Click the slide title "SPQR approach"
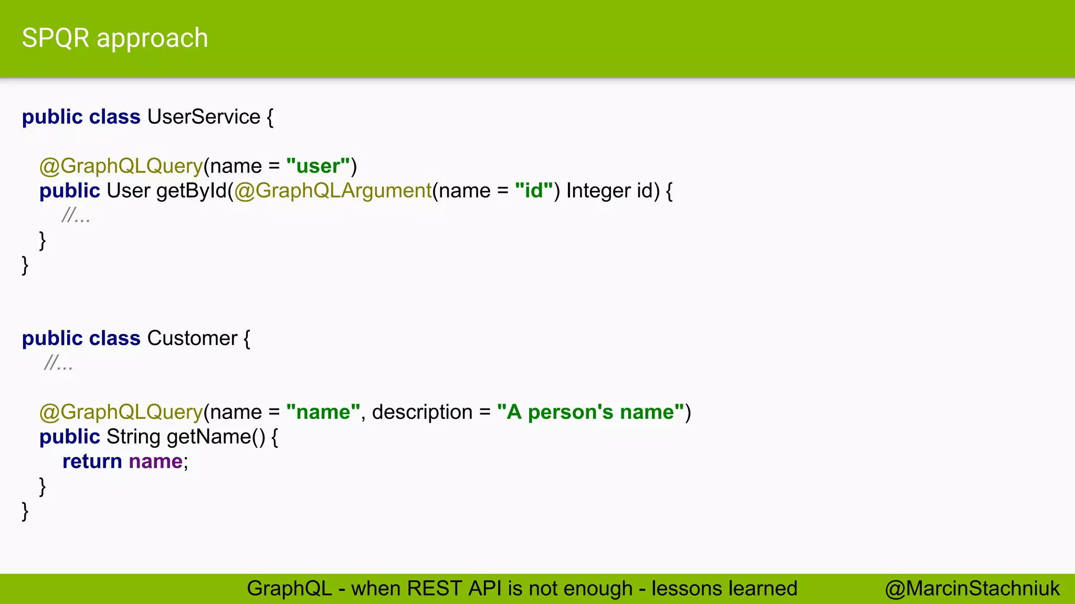115,38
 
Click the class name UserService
204,117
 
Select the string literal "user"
318,166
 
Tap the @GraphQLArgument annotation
333,191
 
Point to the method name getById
192,191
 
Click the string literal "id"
534,191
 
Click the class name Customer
192,339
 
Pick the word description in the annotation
422,413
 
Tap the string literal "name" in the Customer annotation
323,413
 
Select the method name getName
209,437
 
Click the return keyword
92,462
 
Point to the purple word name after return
155,462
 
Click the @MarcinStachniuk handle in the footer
972,589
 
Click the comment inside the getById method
76,215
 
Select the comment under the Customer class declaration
59,363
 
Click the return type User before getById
129,191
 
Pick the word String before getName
133,437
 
